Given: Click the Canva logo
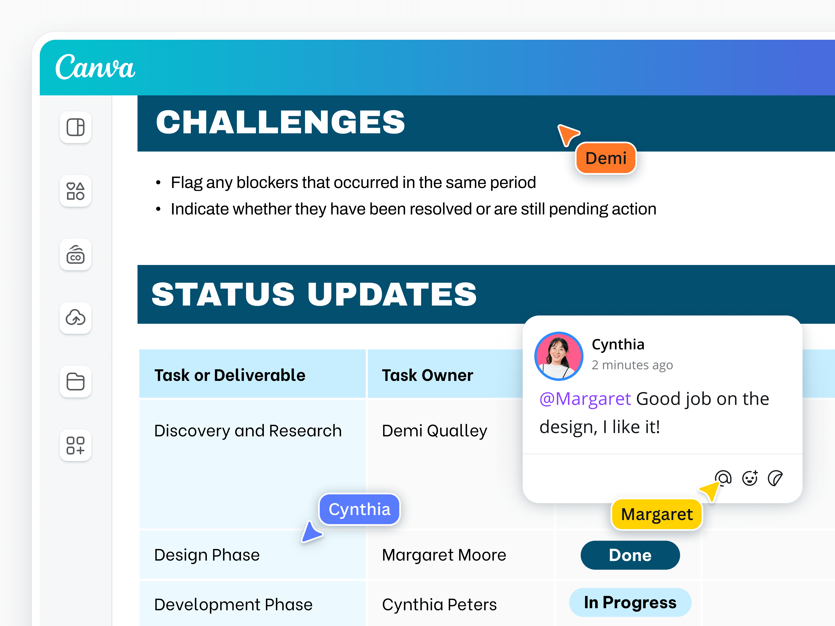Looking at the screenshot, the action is (95, 67).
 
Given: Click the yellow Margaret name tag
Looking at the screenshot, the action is (657, 514).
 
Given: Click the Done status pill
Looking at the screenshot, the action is (630, 555).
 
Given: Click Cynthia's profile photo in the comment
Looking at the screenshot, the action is (559, 356).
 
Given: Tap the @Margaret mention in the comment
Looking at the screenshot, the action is (585, 399).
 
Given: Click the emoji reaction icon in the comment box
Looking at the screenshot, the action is (750, 478).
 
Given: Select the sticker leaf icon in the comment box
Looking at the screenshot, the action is (775, 478).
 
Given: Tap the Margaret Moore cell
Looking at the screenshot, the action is (444, 555).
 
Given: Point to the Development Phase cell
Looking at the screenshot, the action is (233, 604).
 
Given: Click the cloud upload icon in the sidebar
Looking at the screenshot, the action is (76, 318).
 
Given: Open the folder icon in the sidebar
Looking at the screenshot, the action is (76, 382).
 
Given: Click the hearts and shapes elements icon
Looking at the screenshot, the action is (76, 191).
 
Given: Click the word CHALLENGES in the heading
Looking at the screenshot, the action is (280, 122).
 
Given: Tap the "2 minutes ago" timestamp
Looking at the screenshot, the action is (632, 365).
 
